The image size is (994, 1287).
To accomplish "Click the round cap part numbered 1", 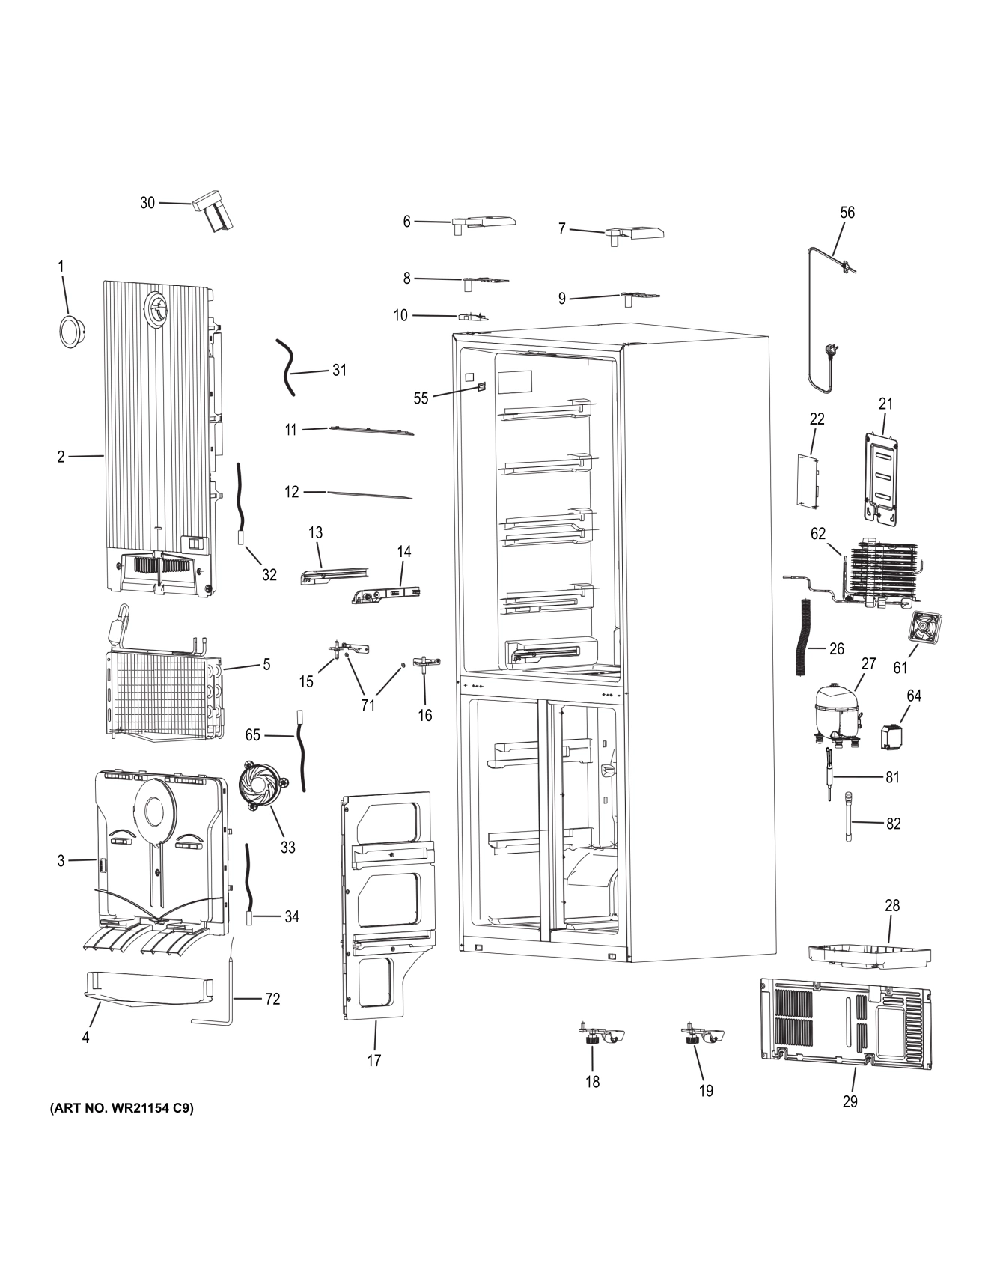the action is (x=71, y=330).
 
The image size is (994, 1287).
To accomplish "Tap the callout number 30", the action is (x=147, y=203).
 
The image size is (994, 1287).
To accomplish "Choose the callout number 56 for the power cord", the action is (x=847, y=213).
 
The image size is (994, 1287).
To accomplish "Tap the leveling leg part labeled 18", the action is (x=602, y=1036).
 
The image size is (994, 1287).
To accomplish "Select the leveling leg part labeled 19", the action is (x=702, y=1036).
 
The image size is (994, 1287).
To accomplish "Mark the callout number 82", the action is (x=893, y=824).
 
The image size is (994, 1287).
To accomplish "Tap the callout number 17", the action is (x=373, y=1060).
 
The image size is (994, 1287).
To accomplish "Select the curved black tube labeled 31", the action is (x=287, y=367).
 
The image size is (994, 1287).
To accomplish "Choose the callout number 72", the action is (x=272, y=999).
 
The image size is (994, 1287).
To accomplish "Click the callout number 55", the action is (x=421, y=398).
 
